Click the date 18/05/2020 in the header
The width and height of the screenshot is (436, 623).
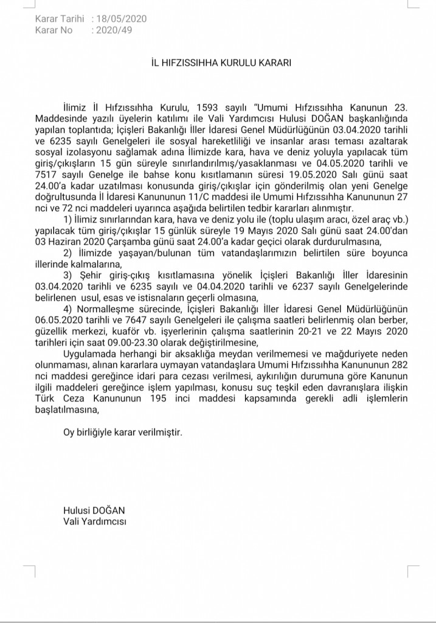coord(122,19)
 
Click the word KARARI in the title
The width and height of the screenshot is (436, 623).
coord(272,63)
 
